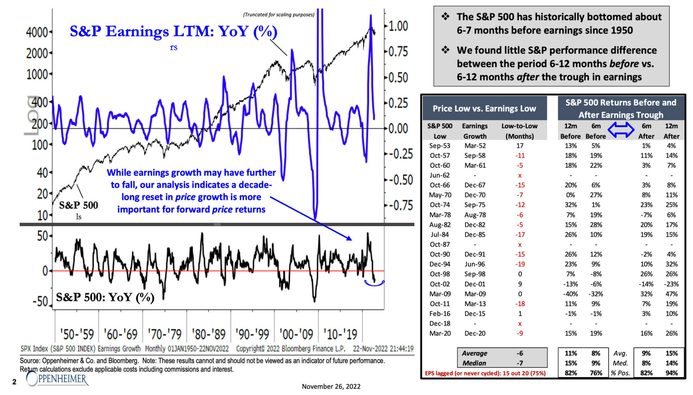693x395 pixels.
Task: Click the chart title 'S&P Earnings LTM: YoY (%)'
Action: point(173,32)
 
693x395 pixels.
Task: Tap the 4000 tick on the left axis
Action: point(37,32)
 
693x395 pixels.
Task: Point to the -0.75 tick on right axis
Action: point(400,205)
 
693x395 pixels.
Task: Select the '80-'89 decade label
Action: point(208,334)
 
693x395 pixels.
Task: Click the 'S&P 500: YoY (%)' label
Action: point(105,297)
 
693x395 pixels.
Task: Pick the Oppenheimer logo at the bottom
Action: point(58,379)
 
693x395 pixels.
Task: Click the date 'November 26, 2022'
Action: point(331,386)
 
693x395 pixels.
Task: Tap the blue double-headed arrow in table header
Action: point(621,130)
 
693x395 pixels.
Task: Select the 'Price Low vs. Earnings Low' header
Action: point(484,109)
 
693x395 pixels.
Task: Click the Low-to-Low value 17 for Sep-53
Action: point(520,146)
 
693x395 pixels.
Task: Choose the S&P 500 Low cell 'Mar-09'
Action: point(440,294)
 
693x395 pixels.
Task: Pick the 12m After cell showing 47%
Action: point(671,294)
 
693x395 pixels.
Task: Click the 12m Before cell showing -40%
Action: point(571,294)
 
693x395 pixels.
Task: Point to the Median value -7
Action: point(520,363)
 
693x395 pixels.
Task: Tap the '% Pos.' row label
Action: point(620,373)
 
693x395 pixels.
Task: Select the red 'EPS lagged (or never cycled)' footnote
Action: point(485,373)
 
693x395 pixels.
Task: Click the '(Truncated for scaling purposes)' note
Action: point(279,15)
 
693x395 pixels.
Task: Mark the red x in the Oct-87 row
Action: point(520,244)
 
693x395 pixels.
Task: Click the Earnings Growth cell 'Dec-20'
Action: point(475,333)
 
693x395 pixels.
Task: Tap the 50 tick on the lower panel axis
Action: point(42,236)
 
